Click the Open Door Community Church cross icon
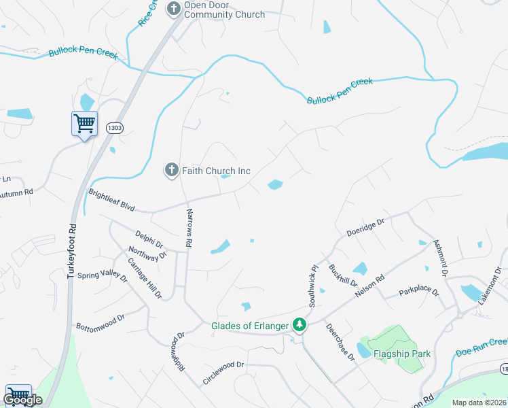pos(173,8)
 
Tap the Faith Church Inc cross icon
pos(173,169)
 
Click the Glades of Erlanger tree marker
pos(299,325)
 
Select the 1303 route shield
pos(115,127)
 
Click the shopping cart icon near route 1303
pos(84,124)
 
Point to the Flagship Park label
pos(401,354)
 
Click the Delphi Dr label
pos(149,239)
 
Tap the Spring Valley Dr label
pos(102,275)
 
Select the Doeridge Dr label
pos(365,225)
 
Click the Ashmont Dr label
pos(440,258)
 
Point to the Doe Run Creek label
pos(481,347)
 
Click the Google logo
pos(22,401)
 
